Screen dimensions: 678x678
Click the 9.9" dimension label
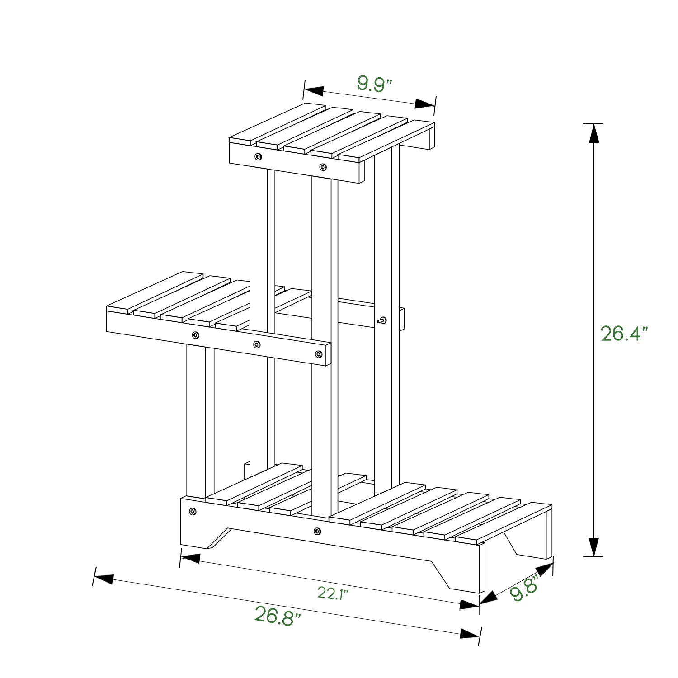point(374,84)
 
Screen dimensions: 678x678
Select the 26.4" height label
point(624,334)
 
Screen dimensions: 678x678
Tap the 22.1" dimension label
point(332,593)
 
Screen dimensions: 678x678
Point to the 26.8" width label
point(278,616)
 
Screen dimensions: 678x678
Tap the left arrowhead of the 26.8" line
point(104,578)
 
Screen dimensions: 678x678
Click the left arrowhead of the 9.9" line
point(313,90)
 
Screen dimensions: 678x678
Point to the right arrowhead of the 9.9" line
point(425,104)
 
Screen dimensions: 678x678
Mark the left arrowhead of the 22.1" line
point(190,558)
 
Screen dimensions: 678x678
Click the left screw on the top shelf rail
point(258,157)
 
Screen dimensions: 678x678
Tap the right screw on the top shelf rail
point(322,167)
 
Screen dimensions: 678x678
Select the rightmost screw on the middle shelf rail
point(319,354)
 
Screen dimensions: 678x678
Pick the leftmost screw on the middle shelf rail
point(195,335)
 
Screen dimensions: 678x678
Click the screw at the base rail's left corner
point(193,512)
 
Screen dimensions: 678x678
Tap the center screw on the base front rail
point(317,531)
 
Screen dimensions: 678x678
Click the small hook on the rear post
point(382,321)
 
